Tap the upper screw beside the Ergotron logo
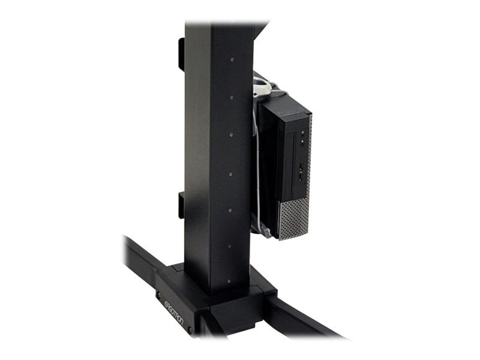coord(159,295)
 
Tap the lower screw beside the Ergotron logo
coord(190,329)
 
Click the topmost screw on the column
coord(232,59)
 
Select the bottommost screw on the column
coord(229,280)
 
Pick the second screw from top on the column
coord(231,96)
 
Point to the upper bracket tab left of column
coord(181,54)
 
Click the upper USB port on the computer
coord(300,167)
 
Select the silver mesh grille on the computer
coord(295,220)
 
